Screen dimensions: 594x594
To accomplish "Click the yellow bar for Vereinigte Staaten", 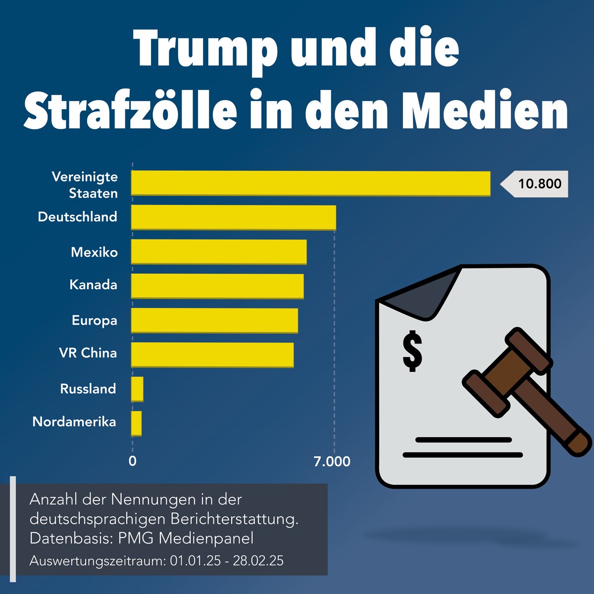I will pos(310,183).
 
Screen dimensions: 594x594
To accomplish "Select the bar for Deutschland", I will pos(233,217).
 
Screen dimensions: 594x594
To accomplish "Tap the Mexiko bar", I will pos(218,252).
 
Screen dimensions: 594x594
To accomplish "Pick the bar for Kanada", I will pos(217,286).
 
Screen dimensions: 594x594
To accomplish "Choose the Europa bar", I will pos(214,320).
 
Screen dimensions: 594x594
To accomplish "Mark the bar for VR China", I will pos(212,354).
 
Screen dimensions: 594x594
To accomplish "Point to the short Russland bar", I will pos(137,389).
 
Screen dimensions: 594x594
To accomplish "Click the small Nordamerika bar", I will pos(136,423).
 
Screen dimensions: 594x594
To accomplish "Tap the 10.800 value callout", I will pos(539,184).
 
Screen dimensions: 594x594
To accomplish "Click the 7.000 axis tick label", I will pos(332,461).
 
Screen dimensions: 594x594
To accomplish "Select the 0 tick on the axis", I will pos(132,461).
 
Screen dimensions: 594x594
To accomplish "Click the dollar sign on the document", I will pos(412,351).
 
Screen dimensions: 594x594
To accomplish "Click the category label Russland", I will pos(88,389).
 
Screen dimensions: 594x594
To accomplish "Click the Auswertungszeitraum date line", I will pos(156,561).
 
